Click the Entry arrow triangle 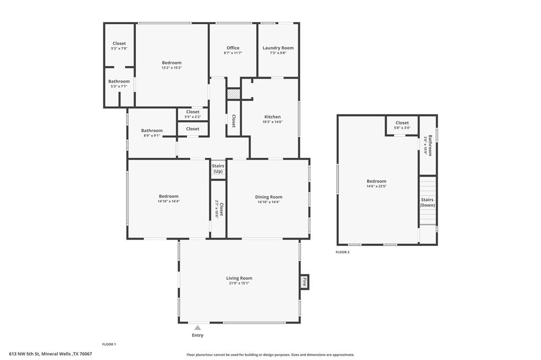[x=197, y=328]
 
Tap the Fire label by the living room [x=304, y=282]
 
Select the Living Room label [x=239, y=278]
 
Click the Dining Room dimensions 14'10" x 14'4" [x=268, y=202]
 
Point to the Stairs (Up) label [x=218, y=169]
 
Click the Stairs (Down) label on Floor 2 [x=427, y=202]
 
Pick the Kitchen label [x=272, y=117]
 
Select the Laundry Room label [x=278, y=48]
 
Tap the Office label [x=233, y=48]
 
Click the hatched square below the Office [x=233, y=94]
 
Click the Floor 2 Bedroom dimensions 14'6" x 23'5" [x=376, y=186]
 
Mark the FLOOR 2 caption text [x=342, y=252]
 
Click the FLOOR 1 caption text [x=109, y=344]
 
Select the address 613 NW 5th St [x=50, y=354]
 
